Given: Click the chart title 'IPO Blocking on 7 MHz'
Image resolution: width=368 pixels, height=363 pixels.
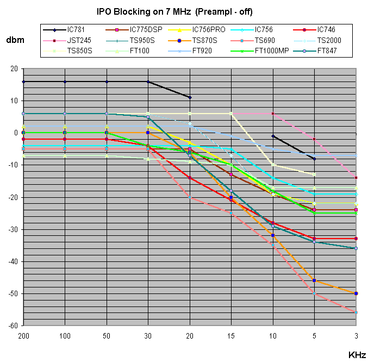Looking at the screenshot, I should [x=174, y=11].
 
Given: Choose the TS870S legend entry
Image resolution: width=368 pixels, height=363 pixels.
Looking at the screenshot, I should [x=204, y=40].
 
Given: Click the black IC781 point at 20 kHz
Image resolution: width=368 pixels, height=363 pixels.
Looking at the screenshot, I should [x=190, y=97].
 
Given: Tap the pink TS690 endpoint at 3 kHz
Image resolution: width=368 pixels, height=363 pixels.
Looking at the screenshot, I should [x=356, y=312].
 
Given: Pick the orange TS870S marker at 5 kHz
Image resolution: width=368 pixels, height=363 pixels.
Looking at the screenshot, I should [x=314, y=280].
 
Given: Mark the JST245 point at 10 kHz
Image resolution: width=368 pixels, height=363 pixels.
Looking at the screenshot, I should [x=273, y=114].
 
